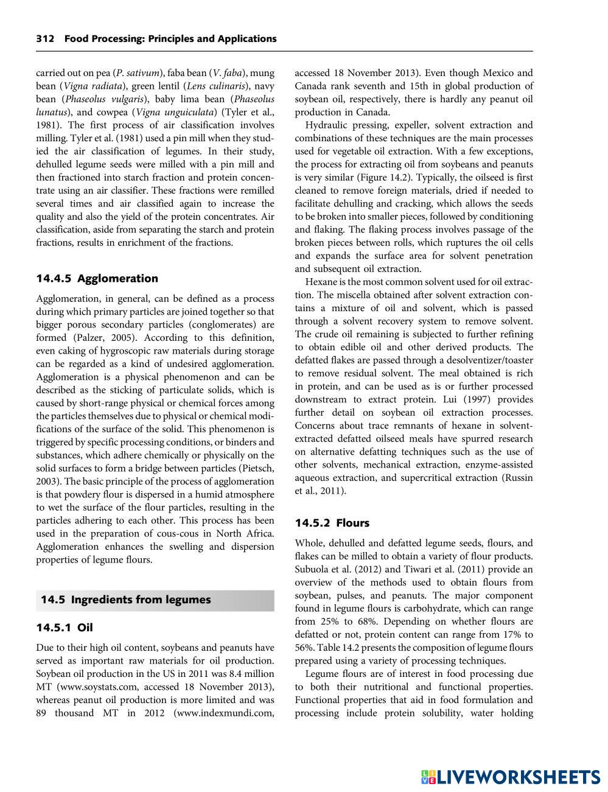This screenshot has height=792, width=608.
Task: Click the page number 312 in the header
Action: click(x=45, y=39)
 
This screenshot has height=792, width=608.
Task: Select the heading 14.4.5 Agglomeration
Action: click(x=97, y=279)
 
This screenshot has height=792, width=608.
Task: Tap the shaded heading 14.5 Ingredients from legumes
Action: click(x=125, y=600)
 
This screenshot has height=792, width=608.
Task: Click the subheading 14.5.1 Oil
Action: click(x=65, y=628)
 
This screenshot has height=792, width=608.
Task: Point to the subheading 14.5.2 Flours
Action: click(x=332, y=523)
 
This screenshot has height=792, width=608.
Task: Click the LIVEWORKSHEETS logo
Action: click(x=510, y=776)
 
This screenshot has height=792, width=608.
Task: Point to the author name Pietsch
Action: click(x=255, y=468)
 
